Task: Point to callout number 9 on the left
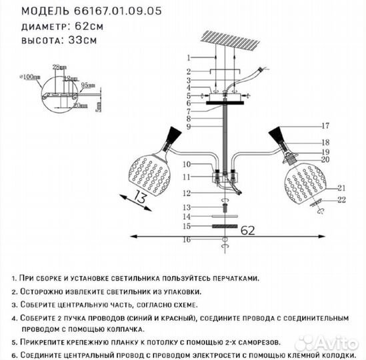189,126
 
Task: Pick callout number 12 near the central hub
189,193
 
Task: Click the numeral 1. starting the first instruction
15,279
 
